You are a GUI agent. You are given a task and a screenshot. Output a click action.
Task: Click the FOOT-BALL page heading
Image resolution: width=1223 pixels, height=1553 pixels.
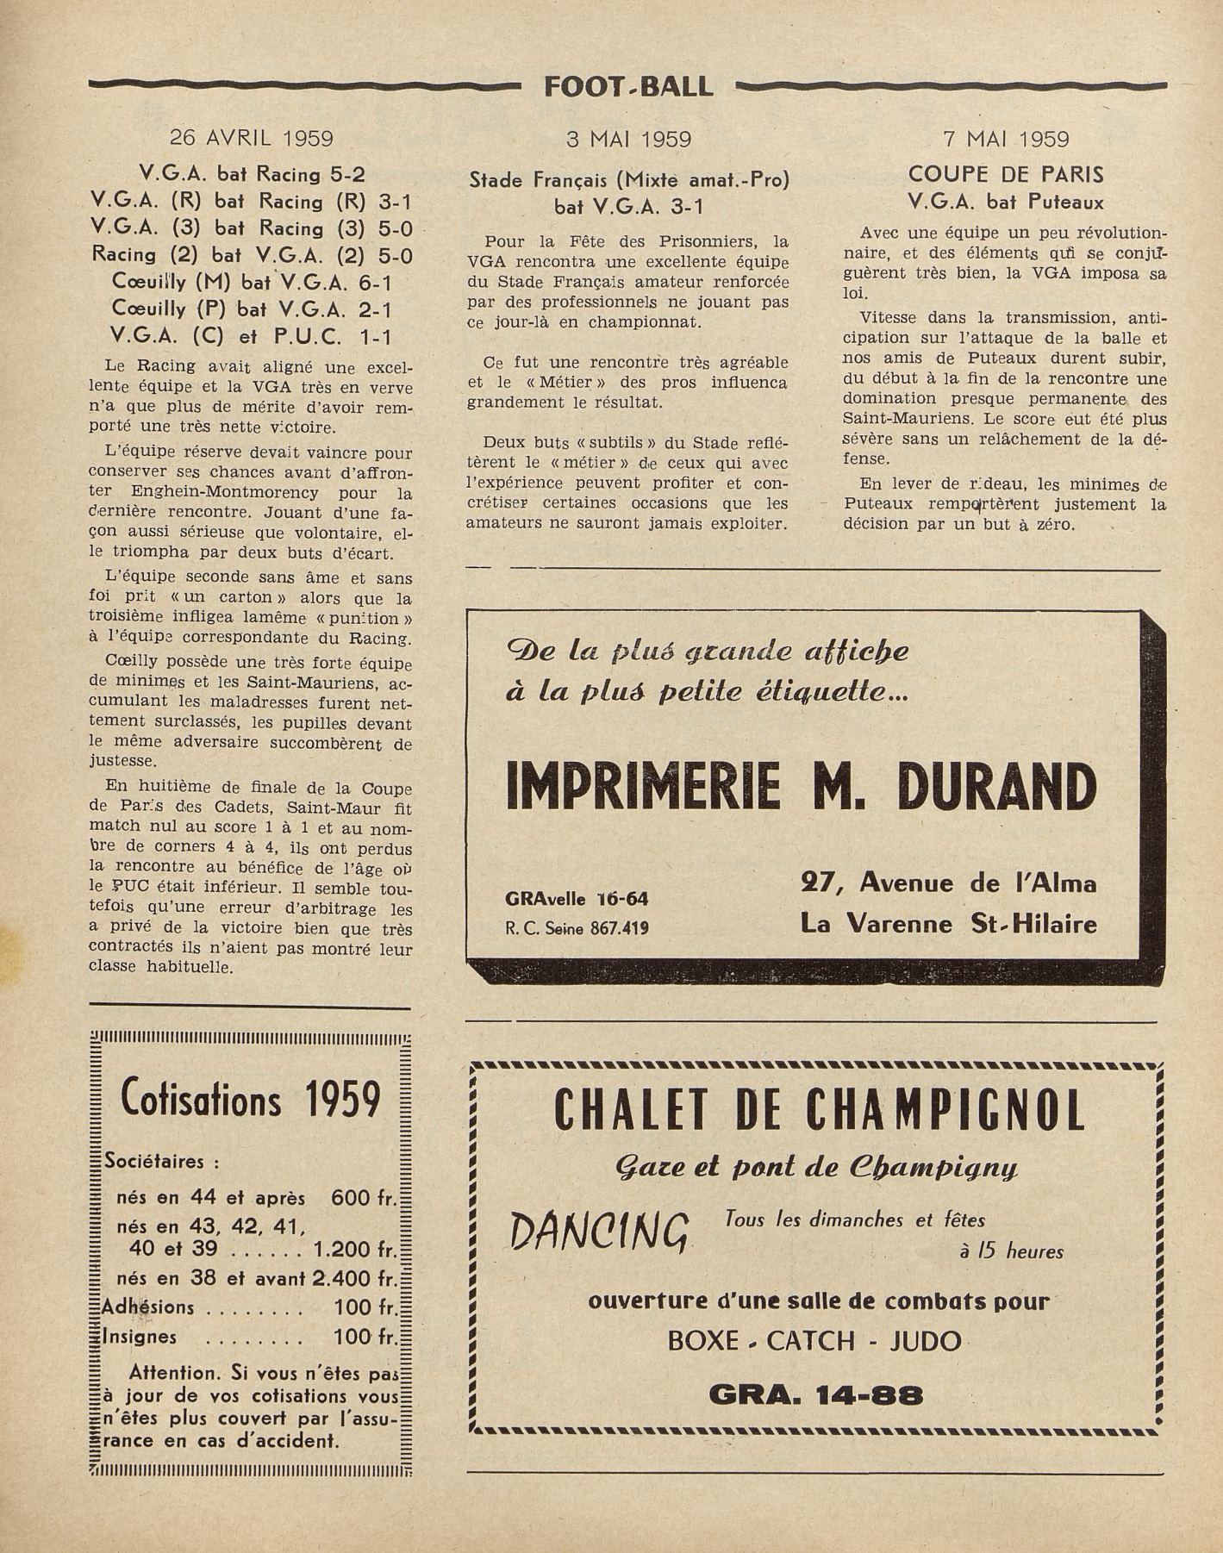click(x=628, y=86)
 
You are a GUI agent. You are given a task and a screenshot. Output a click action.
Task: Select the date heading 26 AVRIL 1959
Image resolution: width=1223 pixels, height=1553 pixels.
click(x=251, y=138)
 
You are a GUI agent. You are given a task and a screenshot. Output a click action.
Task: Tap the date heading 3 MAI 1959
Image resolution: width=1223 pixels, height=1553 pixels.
click(x=628, y=139)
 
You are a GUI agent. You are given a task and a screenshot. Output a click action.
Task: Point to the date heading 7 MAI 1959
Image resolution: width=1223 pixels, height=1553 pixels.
click(x=1005, y=139)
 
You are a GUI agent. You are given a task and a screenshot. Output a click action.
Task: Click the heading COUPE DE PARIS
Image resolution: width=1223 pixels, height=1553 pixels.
click(x=1005, y=175)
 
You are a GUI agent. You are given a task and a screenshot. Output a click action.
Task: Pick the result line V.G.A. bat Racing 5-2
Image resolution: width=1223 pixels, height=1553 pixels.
click(x=252, y=175)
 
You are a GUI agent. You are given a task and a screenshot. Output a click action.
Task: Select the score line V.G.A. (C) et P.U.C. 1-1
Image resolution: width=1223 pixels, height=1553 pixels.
click(x=252, y=335)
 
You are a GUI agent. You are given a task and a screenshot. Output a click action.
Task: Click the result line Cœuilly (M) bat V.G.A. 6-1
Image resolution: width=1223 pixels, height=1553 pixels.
click(x=252, y=282)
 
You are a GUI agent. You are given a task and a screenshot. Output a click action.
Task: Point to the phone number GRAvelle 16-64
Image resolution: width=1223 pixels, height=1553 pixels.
click(x=577, y=899)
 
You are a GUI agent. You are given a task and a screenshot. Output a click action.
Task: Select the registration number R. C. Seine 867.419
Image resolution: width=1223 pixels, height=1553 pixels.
click(x=577, y=928)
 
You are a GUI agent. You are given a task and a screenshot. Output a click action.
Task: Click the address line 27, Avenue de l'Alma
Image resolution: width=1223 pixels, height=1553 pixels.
click(x=948, y=883)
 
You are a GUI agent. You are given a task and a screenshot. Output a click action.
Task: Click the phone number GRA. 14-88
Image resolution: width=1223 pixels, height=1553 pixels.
click(x=815, y=1394)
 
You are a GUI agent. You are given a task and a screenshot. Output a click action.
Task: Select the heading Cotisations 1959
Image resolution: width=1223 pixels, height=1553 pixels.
click(x=251, y=1098)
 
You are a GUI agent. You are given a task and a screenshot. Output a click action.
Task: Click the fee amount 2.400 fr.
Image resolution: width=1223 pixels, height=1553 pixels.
click(x=357, y=1278)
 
